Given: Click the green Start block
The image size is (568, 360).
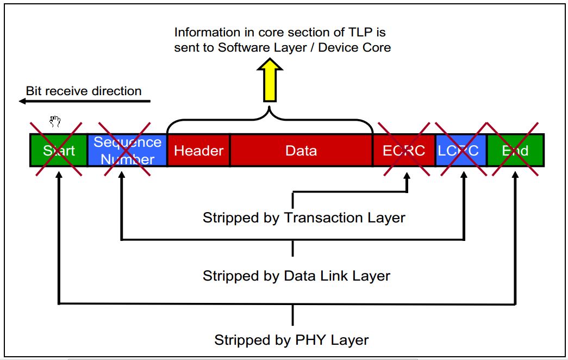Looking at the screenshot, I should [59, 150].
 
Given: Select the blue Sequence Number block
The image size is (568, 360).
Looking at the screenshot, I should [127, 150].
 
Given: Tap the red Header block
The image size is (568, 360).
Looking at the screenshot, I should [198, 151].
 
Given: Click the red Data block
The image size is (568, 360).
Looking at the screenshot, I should [301, 151].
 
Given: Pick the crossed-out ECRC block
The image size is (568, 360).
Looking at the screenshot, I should [404, 151].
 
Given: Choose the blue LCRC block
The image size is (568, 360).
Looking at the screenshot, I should [460, 151].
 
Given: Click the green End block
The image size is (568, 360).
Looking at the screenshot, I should [515, 151].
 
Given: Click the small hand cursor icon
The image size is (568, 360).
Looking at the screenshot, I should [55, 121].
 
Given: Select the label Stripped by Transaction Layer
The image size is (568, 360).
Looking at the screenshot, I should [304, 218].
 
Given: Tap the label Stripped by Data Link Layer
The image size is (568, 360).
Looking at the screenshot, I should [296, 276].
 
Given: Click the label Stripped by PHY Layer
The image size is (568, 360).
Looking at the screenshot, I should [291, 340].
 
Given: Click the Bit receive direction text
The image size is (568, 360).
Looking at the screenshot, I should [84, 91].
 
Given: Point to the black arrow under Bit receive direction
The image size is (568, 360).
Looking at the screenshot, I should [82, 101].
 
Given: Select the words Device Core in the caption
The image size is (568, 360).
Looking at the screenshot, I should [354, 47].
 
